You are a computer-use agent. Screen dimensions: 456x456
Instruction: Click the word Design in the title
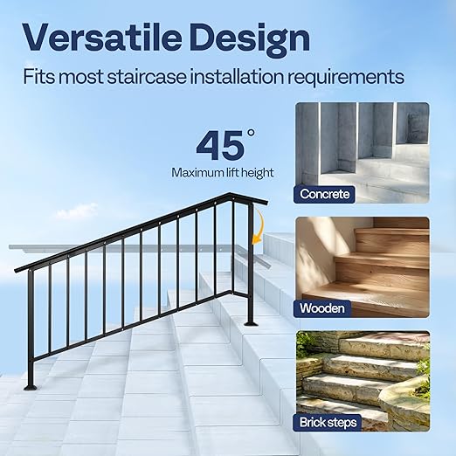[x=254, y=38]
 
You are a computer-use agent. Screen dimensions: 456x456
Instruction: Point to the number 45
[x=219, y=144]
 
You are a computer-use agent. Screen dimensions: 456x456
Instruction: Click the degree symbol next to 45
[x=251, y=134]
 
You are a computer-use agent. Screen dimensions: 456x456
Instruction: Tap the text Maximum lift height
[x=223, y=172]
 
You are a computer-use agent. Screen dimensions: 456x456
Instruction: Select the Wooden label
[x=322, y=307]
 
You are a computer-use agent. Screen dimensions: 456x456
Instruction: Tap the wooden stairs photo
[x=362, y=259]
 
